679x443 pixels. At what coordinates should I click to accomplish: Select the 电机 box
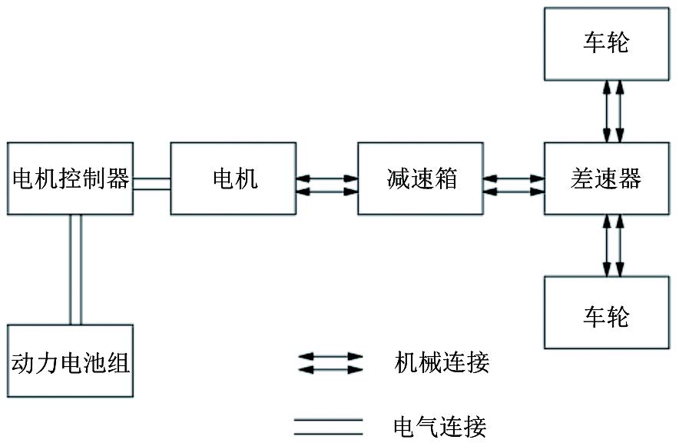coord(234,178)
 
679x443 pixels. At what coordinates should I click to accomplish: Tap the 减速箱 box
coord(421,178)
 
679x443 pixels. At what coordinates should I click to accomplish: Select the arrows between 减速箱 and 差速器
coord(514,185)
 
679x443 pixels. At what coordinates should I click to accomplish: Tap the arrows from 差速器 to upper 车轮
coord(613,112)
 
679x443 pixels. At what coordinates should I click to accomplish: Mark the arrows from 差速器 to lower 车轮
coord(613,245)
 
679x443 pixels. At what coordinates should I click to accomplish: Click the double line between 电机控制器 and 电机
coord(151,183)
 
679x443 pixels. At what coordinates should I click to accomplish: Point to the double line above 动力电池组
coord(75,269)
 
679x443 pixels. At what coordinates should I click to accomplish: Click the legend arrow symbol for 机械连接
coord(330,363)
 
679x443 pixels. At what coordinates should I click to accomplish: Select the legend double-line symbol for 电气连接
coord(328,425)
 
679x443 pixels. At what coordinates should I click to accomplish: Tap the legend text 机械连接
coord(442,362)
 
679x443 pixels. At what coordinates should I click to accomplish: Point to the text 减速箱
coord(421,178)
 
